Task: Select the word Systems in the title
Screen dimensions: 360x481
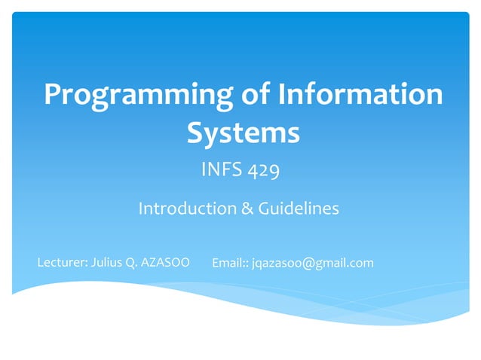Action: point(243,133)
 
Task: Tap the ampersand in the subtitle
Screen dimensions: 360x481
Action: point(247,209)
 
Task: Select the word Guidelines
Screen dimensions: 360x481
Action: point(299,209)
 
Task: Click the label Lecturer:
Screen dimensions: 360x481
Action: point(63,263)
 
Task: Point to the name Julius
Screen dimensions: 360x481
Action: point(107,263)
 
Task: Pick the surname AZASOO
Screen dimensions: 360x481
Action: point(166,263)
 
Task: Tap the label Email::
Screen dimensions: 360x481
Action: point(230,263)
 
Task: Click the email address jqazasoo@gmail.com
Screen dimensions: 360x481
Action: point(312,263)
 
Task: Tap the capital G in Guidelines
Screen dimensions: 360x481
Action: point(265,209)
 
